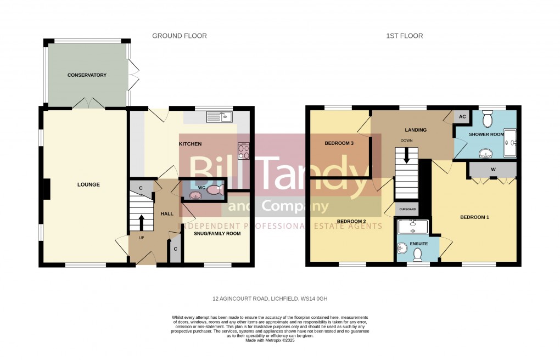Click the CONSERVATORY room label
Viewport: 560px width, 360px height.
87,75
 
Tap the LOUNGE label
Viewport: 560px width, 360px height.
88,184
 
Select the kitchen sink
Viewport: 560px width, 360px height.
220,117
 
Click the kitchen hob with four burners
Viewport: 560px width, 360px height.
243,150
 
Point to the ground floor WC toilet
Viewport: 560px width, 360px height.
214,190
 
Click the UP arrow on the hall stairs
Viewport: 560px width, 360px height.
141,222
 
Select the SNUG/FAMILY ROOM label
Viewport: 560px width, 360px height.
217,233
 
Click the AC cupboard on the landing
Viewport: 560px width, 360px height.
462,116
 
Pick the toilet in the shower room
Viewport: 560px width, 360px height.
487,120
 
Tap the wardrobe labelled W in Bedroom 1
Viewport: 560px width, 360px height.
493,170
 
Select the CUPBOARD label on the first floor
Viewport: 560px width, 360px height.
406,210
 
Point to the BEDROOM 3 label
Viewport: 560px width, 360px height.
339,143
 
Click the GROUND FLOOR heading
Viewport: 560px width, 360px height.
180,36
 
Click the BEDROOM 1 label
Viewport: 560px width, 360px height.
474,217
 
